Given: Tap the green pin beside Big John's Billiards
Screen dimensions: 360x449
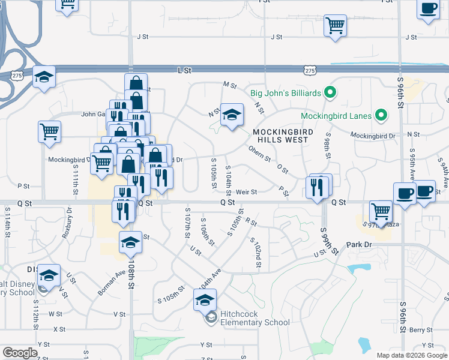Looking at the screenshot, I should pos(329,93).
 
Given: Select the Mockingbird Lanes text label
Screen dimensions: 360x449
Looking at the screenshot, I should pos(337,115).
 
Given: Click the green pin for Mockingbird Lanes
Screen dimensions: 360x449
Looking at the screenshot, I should pos(380,115).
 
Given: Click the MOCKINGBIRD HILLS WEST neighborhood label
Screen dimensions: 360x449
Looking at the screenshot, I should pos(280,136).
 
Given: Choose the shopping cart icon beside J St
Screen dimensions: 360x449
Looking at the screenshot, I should pos(335,26).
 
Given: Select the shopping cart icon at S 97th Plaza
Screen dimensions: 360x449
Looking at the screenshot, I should pos(381,211).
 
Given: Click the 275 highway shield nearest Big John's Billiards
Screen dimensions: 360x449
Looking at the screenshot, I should pos(310,71).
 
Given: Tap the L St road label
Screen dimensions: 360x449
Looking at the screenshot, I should pos(184,70).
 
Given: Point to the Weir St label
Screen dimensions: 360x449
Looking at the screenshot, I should pos(246,192).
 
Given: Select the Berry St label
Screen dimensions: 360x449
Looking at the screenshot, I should pos(422,330).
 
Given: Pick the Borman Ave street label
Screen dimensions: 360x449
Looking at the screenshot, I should pos(112,282).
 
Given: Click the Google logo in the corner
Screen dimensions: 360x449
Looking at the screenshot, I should pos(20,353).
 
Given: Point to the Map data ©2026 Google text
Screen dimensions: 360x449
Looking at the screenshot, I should pos(411,355).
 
